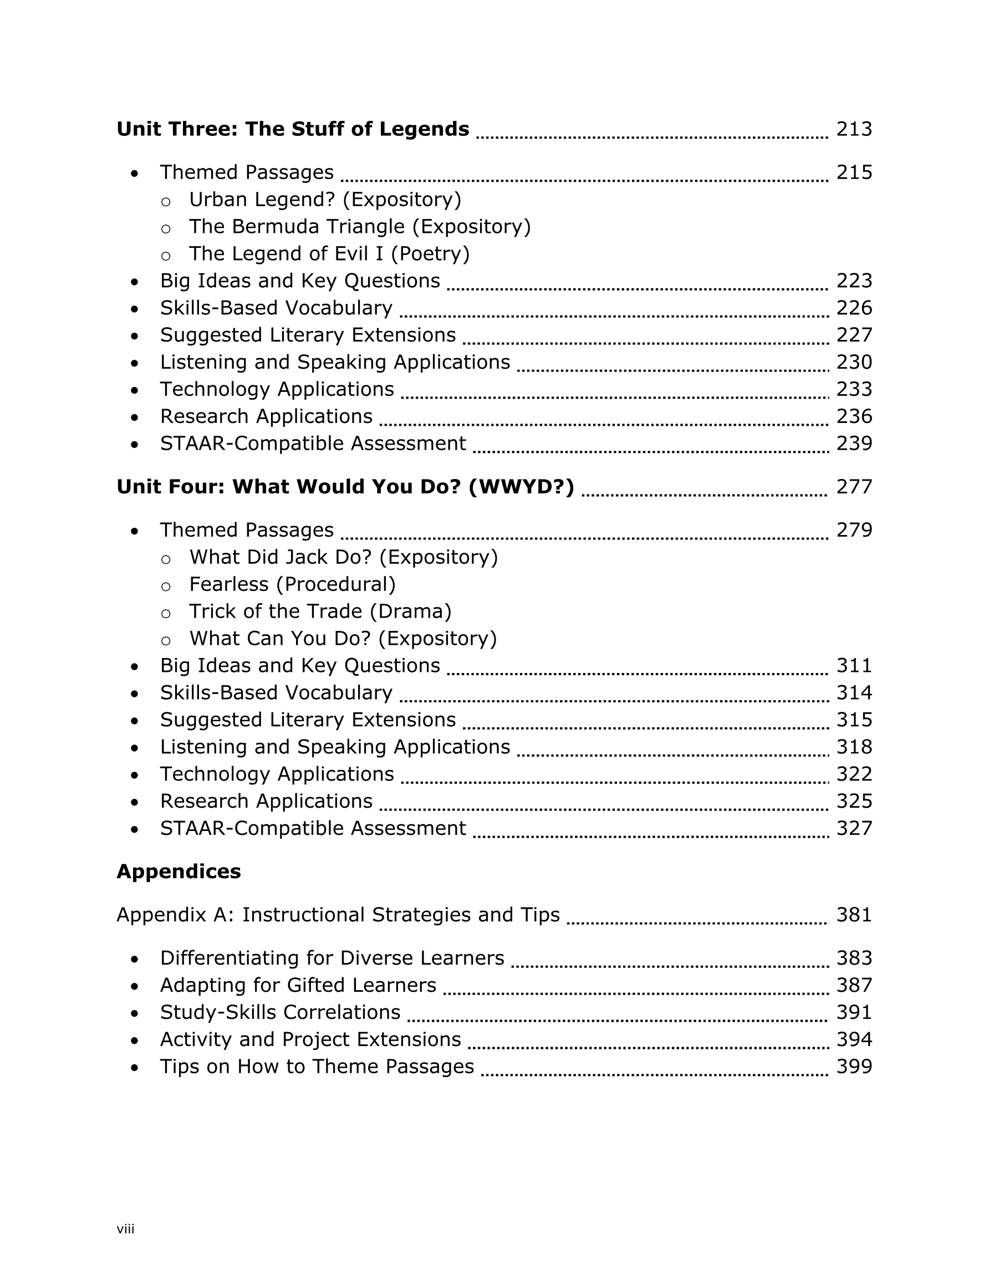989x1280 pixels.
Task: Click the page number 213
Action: pyautogui.click(x=854, y=129)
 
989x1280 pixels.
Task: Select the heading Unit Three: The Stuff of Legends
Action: pyautogui.click(x=293, y=129)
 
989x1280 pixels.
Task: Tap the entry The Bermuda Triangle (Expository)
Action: pyautogui.click(x=359, y=227)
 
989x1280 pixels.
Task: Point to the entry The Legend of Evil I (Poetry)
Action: pyautogui.click(x=329, y=254)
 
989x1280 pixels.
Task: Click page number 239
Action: pyautogui.click(x=854, y=443)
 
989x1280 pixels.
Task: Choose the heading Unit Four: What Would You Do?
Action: pyautogui.click(x=345, y=487)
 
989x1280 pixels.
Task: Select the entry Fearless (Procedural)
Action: pyautogui.click(x=292, y=584)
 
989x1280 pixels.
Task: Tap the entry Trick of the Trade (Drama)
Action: pyautogui.click(x=320, y=611)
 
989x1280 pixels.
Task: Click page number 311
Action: pyautogui.click(x=854, y=666)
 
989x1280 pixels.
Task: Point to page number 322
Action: pyautogui.click(x=854, y=774)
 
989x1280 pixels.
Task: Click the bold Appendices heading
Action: pyautogui.click(x=179, y=871)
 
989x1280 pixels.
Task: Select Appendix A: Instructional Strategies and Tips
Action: pyautogui.click(x=338, y=915)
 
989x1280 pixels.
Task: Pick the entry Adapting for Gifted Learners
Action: pyautogui.click(x=298, y=985)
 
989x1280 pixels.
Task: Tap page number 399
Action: pyautogui.click(x=854, y=1067)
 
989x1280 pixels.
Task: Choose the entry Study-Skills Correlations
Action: pyautogui.click(x=280, y=1012)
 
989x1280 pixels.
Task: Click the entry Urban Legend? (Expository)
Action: pyautogui.click(x=325, y=200)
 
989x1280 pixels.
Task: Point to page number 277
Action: pyautogui.click(x=854, y=487)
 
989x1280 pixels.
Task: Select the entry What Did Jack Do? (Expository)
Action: pyautogui.click(x=343, y=557)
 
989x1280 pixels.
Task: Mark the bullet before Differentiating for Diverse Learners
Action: pyautogui.click(x=135, y=960)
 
